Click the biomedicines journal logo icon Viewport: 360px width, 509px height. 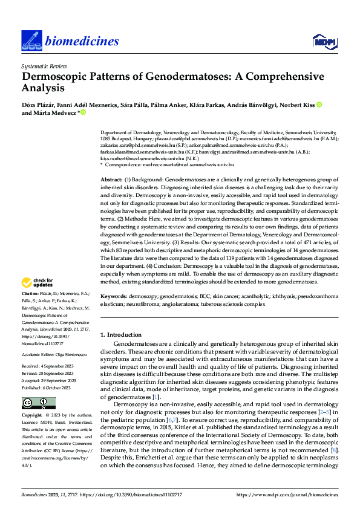32,41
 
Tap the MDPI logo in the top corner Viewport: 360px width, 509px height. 323,41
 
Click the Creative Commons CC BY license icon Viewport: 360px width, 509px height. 35,403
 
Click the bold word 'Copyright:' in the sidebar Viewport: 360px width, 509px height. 33,416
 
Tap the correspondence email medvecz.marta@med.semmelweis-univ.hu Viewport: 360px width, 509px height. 184,164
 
